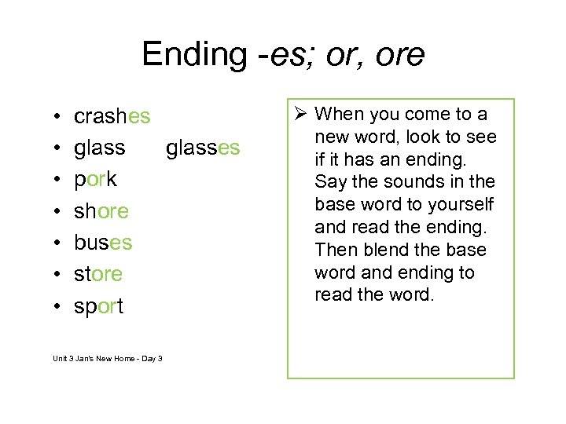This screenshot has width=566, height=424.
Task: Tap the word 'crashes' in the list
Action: coord(112,117)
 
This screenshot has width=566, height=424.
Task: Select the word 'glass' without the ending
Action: coord(99,148)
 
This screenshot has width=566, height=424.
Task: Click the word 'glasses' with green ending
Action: coord(203,148)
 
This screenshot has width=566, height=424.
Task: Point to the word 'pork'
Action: coord(95,180)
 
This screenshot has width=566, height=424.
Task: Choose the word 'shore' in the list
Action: coord(101,211)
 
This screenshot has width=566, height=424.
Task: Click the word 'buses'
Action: coord(103,243)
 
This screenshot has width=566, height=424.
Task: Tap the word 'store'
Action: coord(98,274)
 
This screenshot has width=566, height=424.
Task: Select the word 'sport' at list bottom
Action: coord(98,306)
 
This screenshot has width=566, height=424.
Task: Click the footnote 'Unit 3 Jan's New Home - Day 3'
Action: coord(108,359)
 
